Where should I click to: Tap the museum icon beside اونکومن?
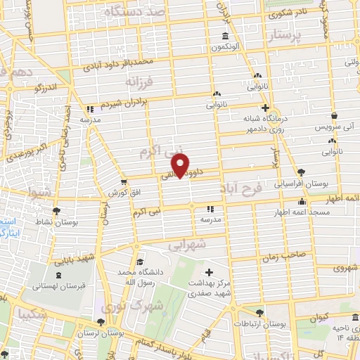(224, 37)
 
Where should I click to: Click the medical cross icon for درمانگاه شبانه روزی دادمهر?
(265, 108)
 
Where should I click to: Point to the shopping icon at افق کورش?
(124, 181)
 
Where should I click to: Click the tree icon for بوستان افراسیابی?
(301, 172)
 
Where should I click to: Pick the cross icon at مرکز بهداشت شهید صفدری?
(208, 272)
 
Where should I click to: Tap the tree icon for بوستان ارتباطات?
(260, 313)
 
